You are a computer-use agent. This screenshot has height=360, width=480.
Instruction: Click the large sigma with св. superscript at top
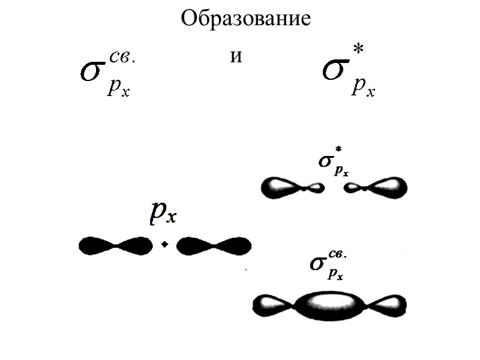click(x=93, y=71)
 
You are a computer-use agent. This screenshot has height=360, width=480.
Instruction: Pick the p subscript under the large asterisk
click(x=360, y=86)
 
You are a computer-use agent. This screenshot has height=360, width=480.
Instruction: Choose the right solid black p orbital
click(x=214, y=245)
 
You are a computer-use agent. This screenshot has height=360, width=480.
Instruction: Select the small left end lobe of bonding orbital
click(x=273, y=306)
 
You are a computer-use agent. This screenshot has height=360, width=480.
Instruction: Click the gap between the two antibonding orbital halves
click(x=334, y=188)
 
